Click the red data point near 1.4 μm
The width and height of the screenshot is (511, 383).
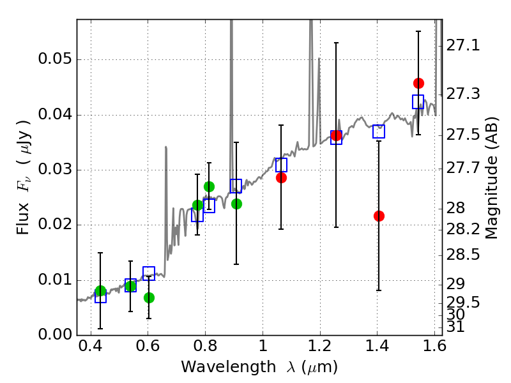click(379, 216)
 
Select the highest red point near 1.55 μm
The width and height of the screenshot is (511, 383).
click(418, 83)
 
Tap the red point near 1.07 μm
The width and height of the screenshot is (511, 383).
click(281, 177)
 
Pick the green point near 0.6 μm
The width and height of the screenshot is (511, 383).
click(149, 297)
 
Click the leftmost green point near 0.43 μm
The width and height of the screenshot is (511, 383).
click(100, 291)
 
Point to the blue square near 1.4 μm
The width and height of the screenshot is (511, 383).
click(379, 131)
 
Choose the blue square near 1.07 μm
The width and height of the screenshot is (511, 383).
click(281, 165)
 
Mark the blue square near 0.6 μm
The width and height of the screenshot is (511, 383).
click(149, 274)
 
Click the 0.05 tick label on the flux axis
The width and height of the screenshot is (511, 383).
click(54, 60)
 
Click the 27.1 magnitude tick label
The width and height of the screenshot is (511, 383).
click(461, 46)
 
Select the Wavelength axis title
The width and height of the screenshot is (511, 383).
click(259, 368)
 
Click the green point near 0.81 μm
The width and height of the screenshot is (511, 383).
click(209, 186)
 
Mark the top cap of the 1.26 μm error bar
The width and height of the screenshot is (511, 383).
click(336, 43)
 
